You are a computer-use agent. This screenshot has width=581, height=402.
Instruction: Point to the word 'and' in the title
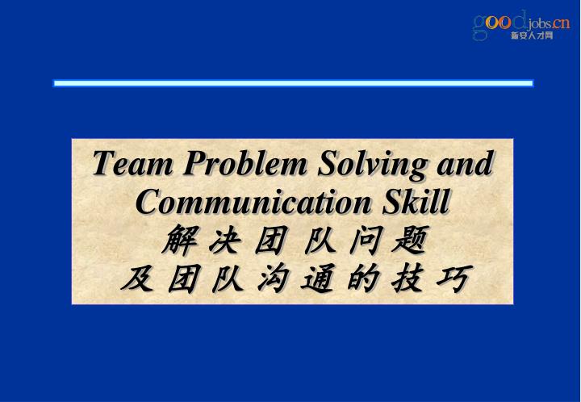(x=465, y=164)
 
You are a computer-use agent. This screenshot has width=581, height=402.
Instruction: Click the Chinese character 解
(x=179, y=240)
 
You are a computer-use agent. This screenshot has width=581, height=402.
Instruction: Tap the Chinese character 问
(x=359, y=240)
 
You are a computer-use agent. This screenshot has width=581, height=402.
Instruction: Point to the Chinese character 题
(x=403, y=240)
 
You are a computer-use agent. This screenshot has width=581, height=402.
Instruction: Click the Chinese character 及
(x=135, y=278)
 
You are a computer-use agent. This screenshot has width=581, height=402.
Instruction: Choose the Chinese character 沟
(x=270, y=278)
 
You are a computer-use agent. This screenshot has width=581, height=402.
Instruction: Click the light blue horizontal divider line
(x=293, y=83)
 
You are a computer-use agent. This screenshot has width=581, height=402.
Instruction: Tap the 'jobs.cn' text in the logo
(x=550, y=22)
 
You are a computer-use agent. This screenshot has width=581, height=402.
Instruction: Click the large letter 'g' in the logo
(x=480, y=26)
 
